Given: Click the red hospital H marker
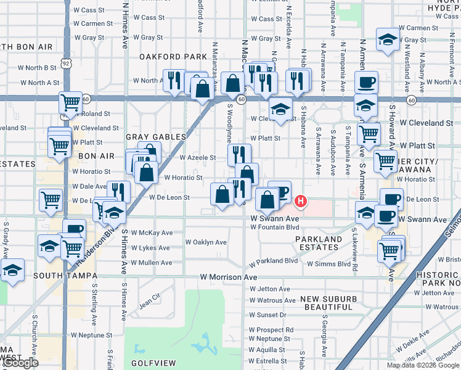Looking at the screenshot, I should pos(301,200).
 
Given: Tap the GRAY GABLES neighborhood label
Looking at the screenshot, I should pos(156,136).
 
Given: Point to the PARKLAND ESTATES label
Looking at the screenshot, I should pos(318,243).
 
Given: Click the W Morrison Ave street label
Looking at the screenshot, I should pos(228,277).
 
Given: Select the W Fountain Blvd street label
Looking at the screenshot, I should pos(274,227).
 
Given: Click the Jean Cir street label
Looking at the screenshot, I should pos(149,302).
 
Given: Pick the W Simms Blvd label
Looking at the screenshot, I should pos(328,264).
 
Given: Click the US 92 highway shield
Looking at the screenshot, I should pos(66,63).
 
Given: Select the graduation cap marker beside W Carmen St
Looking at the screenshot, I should pos(388,40).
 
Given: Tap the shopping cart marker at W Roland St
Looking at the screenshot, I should pos(71,102).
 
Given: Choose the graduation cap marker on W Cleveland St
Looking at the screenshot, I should pos(280,110).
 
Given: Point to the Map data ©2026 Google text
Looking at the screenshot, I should pos(423,365).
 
